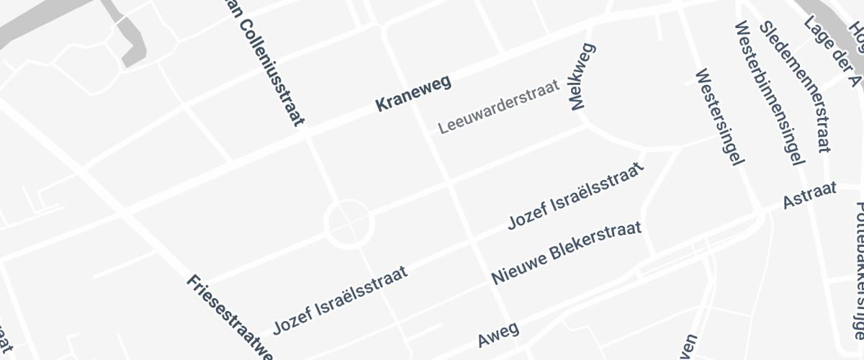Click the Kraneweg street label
point(413,94)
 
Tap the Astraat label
point(810,195)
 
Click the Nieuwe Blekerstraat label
point(576,253)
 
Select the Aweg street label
point(498,334)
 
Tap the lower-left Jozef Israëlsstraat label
point(340,300)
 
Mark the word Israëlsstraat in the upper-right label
point(597,184)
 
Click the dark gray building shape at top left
point(130,40)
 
